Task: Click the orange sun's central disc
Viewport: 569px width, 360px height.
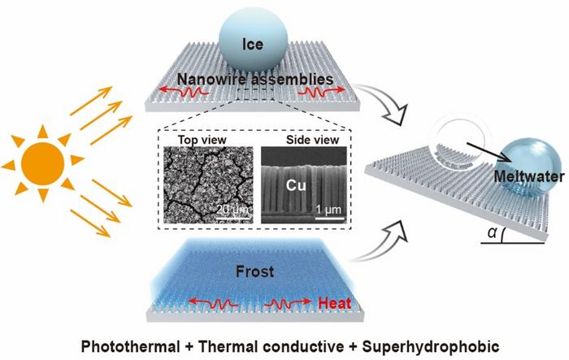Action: (x=43, y=163)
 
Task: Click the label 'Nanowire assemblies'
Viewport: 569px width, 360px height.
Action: (x=255, y=79)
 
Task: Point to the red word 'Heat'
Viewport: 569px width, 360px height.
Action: (x=334, y=303)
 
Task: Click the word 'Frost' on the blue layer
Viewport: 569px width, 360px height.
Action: (x=254, y=271)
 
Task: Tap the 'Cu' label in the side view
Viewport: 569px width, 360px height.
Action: (x=296, y=185)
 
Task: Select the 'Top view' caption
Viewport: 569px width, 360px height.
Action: (x=202, y=140)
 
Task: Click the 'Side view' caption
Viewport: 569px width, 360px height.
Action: (x=312, y=140)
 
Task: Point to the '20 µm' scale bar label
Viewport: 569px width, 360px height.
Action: (x=234, y=210)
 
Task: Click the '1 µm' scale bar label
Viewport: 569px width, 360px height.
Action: (x=328, y=210)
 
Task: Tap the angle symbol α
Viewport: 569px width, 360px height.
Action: (x=492, y=233)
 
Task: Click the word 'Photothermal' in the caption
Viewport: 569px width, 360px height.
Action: (x=130, y=346)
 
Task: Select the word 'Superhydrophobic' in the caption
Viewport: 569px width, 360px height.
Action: (x=430, y=346)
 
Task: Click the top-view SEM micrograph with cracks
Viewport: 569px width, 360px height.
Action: (x=208, y=184)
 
